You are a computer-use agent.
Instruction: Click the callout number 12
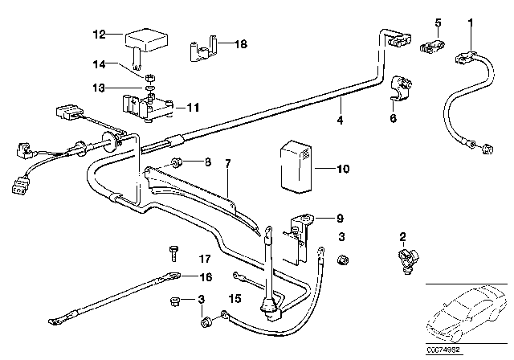point(99,35)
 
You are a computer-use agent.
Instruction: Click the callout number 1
point(471,22)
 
